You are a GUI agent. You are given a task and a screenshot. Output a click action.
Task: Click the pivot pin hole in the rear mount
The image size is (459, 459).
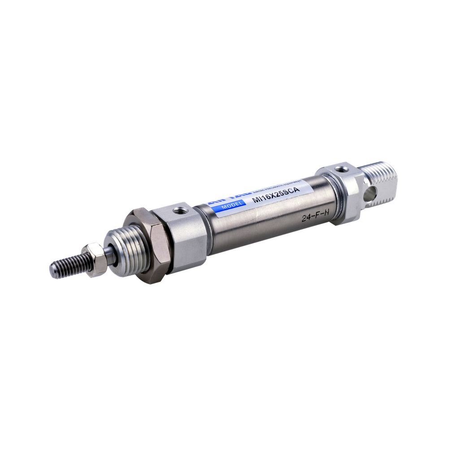tap(370, 194)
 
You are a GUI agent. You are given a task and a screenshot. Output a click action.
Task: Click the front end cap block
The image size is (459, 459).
tap(184, 238)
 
